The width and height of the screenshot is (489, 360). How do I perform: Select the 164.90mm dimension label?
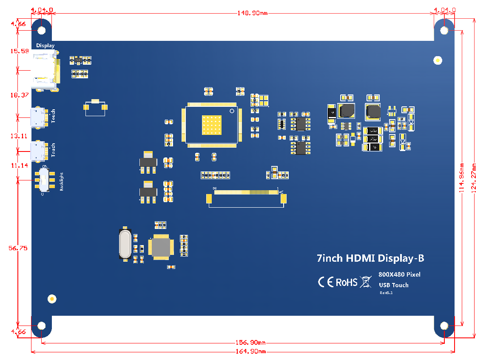(x=250, y=351)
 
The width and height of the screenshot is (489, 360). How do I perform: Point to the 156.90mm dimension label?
(x=250, y=343)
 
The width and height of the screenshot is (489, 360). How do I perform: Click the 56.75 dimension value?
(x=18, y=248)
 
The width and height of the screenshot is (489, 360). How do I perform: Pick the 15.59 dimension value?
(x=20, y=51)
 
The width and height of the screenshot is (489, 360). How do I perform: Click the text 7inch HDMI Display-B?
(x=370, y=258)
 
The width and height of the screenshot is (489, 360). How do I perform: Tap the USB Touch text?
(x=393, y=285)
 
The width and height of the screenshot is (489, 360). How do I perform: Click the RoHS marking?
(x=347, y=282)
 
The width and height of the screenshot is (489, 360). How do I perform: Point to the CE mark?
(x=325, y=282)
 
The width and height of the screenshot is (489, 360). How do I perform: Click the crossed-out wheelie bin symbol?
(x=365, y=282)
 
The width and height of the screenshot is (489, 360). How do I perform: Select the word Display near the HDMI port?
(x=45, y=45)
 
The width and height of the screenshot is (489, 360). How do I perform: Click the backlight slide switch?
(x=43, y=180)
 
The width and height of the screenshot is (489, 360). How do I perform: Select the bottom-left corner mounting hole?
(x=41, y=326)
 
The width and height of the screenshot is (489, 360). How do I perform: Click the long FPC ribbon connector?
(x=246, y=193)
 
